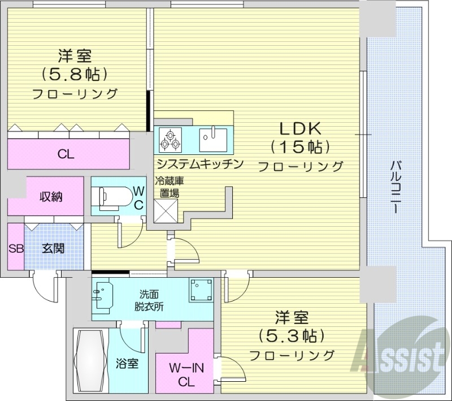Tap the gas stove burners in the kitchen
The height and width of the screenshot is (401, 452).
click(x=170, y=139)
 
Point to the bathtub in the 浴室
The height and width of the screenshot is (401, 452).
click(x=90, y=360)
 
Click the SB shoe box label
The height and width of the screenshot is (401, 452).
click(x=15, y=248)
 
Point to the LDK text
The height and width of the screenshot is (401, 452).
click(x=299, y=127)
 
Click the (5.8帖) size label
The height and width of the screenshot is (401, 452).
click(x=74, y=74)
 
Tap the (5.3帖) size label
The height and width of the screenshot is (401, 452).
click(x=292, y=335)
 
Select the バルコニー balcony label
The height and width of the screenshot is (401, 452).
click(x=396, y=187)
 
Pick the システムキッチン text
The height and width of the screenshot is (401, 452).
click(x=200, y=164)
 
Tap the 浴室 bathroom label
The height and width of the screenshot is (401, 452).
click(x=128, y=364)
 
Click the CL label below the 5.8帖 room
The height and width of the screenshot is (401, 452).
click(x=66, y=153)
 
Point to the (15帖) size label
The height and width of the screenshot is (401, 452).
click(x=300, y=146)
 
